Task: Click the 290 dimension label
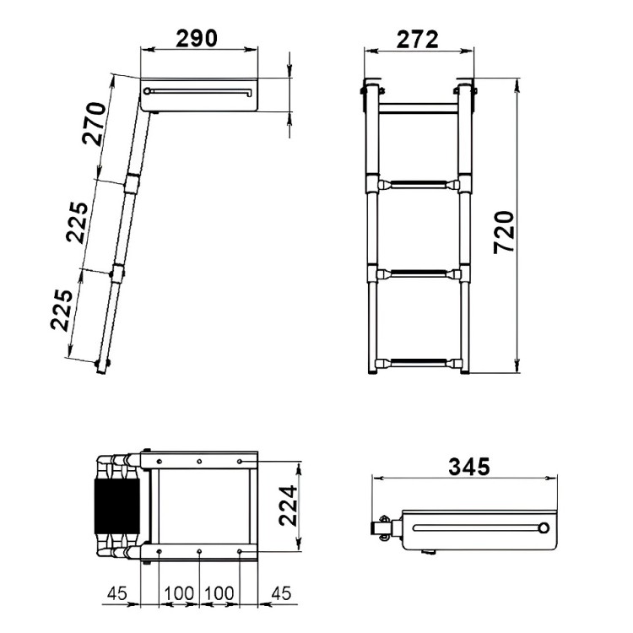point(197,38)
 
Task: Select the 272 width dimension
point(417,40)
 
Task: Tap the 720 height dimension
point(504,232)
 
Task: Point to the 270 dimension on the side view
point(94,123)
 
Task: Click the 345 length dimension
point(469,467)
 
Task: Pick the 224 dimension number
point(289,506)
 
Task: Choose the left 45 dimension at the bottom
point(117,593)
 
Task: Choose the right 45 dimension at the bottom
point(281,593)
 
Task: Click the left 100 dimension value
point(179,593)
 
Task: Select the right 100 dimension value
point(219,593)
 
